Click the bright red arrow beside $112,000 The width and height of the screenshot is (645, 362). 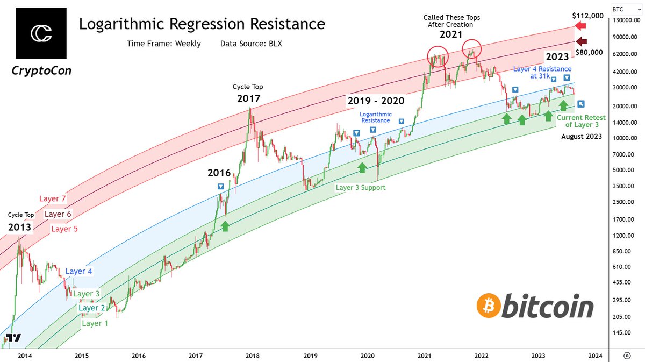580,26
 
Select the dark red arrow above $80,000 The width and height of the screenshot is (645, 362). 580,42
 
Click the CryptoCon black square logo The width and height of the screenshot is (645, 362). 41,33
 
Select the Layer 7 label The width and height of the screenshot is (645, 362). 52,199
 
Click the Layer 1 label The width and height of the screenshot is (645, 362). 94,323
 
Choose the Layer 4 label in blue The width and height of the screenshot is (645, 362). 79,272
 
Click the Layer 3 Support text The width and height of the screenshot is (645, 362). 361,188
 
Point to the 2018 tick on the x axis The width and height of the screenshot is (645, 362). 253,356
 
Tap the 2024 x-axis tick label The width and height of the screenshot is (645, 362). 595,356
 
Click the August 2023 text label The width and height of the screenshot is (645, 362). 582,137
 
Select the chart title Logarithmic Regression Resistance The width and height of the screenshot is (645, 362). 202,24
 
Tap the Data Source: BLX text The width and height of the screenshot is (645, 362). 251,44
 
